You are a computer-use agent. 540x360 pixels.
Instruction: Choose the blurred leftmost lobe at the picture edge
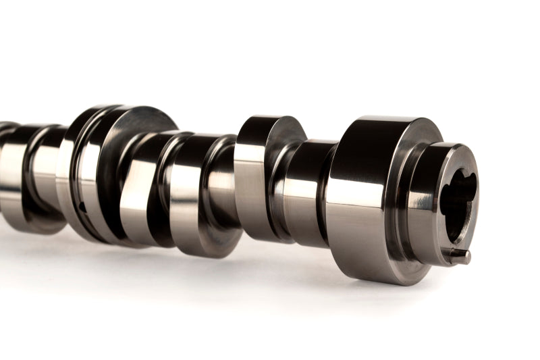point(9,169)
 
